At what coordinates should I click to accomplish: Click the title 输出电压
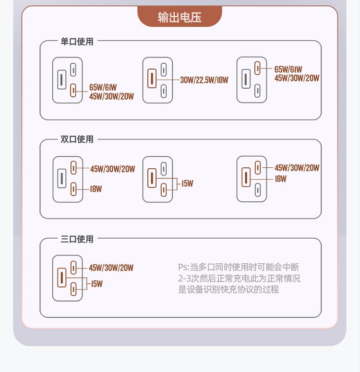point(180,18)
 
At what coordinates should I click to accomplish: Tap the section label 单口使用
point(77,42)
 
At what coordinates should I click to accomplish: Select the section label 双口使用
point(77,139)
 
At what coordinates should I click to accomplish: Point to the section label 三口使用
point(77,239)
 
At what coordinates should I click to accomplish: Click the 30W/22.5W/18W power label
point(204,80)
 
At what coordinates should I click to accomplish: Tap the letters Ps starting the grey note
point(183,267)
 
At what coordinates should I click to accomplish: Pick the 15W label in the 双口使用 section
point(187,184)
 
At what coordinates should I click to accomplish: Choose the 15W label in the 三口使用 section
point(96,284)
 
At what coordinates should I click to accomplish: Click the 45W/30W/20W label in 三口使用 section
point(111,268)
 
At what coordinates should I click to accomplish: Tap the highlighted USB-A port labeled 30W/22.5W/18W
point(152,79)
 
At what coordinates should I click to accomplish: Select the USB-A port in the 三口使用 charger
point(61,278)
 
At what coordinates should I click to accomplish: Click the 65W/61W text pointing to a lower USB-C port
point(103,87)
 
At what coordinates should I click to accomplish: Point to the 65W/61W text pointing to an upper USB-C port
point(288,70)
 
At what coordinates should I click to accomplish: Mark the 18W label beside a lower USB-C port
point(96,189)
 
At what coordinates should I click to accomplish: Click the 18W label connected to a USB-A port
point(281,179)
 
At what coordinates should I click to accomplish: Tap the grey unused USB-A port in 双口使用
point(61,178)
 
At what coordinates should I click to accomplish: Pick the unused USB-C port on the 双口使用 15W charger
point(164,168)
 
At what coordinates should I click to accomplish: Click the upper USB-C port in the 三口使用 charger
point(73,267)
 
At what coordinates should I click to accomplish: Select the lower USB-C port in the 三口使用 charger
point(73,289)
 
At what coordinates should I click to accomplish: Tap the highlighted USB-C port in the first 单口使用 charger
point(73,90)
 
